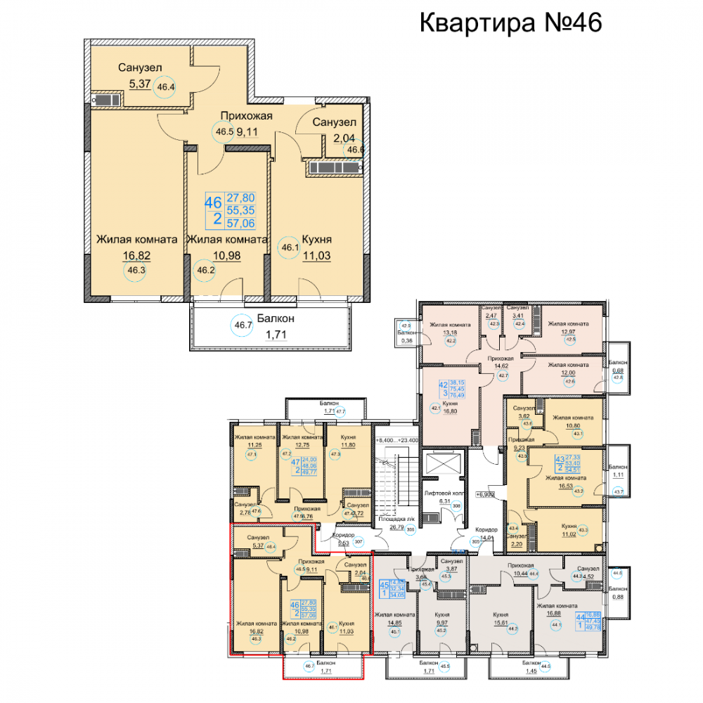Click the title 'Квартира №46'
[x=511, y=22]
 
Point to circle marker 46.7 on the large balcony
[x=243, y=324]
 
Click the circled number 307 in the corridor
[x=358, y=542]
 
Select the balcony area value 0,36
[x=406, y=340]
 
